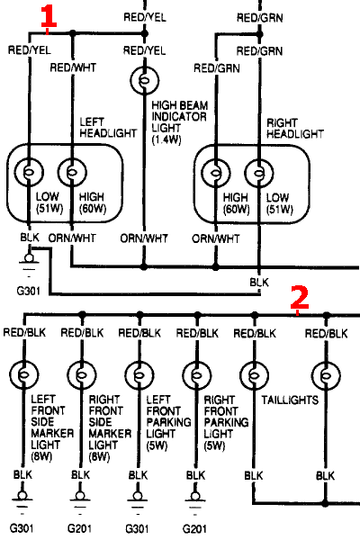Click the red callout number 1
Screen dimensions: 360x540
49,16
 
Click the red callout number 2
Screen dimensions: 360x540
300,298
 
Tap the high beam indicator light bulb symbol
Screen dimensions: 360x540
145,81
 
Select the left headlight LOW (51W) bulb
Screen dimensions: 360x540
30,172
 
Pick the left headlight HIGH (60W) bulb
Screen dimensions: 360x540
72,172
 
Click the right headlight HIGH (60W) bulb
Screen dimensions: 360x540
216,173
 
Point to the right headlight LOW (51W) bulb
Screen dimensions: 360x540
258,173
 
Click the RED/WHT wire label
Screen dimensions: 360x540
73,67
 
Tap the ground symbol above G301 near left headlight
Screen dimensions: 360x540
29,262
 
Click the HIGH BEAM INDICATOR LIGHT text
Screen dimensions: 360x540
179,116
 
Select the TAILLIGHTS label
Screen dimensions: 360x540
290,400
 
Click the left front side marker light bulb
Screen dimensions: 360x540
24,374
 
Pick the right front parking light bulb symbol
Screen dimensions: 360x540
197,375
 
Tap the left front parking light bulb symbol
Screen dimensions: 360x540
139,375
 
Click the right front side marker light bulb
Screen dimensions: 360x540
82,375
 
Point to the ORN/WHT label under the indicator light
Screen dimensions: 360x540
144,238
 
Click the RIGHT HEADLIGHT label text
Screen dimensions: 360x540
295,129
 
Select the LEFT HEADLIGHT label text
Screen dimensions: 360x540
108,128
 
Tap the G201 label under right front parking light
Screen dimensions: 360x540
194,528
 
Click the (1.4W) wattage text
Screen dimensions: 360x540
166,139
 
